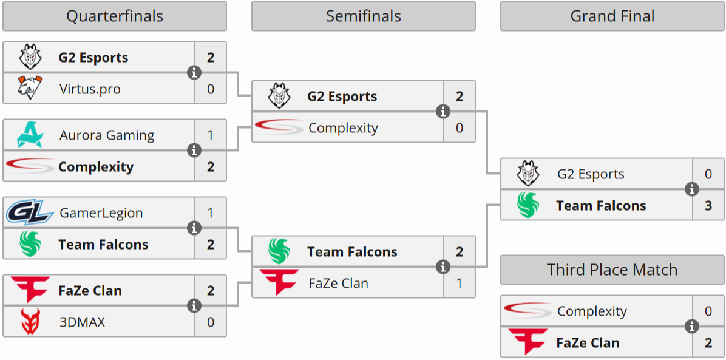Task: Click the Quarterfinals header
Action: [115, 16]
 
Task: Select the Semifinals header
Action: [363, 16]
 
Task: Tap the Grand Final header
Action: [612, 16]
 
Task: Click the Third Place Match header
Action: [612, 270]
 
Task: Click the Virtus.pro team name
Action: [90, 89]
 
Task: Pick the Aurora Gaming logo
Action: [29, 135]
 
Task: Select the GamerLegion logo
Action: [30, 213]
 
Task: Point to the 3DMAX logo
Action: [29, 322]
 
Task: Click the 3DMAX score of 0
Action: [211, 322]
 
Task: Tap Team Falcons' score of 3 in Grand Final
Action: [708, 206]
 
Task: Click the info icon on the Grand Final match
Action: [691, 190]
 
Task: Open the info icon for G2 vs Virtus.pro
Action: [194, 73]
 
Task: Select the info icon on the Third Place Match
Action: [691, 327]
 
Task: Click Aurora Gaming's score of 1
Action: [211, 135]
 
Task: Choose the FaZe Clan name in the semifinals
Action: [338, 284]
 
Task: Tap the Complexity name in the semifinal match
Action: [343, 128]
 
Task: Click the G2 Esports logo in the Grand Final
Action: [528, 174]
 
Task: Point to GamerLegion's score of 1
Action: [211, 213]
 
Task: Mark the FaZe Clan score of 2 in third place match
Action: [708, 343]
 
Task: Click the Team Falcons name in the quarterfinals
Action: [103, 245]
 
